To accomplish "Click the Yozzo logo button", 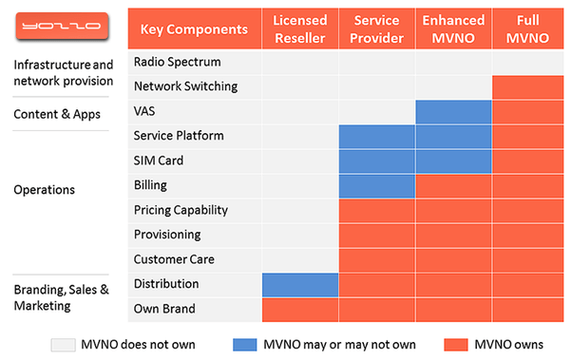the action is pyautogui.click(x=62, y=26).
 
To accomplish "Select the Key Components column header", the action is pyautogui.click(x=195, y=28).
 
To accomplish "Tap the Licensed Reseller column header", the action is pyautogui.click(x=300, y=28).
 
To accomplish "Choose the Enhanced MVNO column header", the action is pyautogui.click(x=453, y=28).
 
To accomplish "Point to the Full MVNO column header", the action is pyautogui.click(x=528, y=28).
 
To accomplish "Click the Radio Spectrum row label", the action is pyautogui.click(x=178, y=62).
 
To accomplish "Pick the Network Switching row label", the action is pyautogui.click(x=185, y=86).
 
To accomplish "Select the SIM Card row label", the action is pyautogui.click(x=159, y=161).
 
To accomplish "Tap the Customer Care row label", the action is pyautogui.click(x=174, y=259).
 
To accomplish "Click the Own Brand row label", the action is pyautogui.click(x=164, y=309).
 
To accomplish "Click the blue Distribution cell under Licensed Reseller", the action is pyautogui.click(x=300, y=285).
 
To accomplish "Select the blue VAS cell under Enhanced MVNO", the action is pyautogui.click(x=453, y=112).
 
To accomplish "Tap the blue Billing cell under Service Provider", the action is pyautogui.click(x=377, y=186).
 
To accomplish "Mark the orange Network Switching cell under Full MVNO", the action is pyautogui.click(x=528, y=87).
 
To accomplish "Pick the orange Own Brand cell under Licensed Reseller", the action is pyautogui.click(x=300, y=310).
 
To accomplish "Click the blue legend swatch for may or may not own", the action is pyautogui.click(x=245, y=345).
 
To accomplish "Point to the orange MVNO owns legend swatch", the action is pyautogui.click(x=456, y=345).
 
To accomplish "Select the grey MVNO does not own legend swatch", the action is pyautogui.click(x=63, y=345).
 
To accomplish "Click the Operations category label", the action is pyautogui.click(x=44, y=190).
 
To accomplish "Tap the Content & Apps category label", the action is pyautogui.click(x=57, y=115).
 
